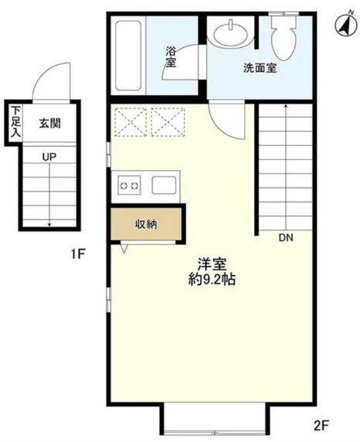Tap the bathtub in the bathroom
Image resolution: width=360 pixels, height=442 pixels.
128,56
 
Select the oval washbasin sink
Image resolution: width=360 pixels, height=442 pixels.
231,35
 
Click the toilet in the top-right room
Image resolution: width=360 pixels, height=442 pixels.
284,36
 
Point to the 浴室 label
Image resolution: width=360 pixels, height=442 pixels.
171,56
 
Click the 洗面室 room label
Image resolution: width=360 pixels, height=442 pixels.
260,68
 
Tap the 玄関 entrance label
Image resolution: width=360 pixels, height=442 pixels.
50,124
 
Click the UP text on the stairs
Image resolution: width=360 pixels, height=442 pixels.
49,157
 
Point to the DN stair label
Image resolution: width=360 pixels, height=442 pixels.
286,238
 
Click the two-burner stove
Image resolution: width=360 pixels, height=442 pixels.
129,185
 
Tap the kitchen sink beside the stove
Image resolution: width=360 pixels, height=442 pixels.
164,185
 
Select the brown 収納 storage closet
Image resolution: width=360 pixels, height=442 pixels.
146,224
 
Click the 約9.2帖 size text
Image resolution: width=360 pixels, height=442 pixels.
212,280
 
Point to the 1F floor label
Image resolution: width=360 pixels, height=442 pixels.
78,254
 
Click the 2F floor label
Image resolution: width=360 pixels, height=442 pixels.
321,424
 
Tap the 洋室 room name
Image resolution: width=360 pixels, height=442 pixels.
212,264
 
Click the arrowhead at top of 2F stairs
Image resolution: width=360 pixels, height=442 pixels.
286,106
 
